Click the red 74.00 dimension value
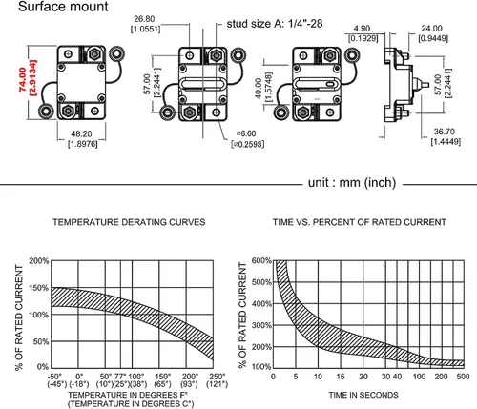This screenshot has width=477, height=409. coord(22,79)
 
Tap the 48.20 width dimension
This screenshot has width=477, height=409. coord(81,133)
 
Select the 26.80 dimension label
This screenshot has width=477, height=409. coord(144,19)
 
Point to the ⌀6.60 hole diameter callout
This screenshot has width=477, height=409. coord(246,133)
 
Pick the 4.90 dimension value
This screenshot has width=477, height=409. coord(362,29)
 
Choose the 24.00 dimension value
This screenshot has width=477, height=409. coord(431,29)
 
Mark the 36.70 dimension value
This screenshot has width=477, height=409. coord(445,132)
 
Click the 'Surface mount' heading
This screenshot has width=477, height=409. coord(63,7)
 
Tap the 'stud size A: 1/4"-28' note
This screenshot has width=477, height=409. coord(275,24)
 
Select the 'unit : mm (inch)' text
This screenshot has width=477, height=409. coord(352,183)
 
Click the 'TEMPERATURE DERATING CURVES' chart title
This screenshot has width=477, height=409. coord(129,222)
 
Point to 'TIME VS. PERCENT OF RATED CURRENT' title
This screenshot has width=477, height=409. coord(360,222)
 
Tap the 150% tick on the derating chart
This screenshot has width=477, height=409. coord(39,288)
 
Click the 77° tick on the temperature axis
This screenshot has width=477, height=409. coord(120,377)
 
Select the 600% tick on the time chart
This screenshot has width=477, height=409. coord(261,261)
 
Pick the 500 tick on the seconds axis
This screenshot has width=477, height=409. coord(463,377)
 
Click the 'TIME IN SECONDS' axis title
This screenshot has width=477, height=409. coord(363,395)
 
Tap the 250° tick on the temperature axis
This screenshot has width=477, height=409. coord(218,377)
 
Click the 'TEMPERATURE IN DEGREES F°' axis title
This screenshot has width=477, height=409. coord(128,395)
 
